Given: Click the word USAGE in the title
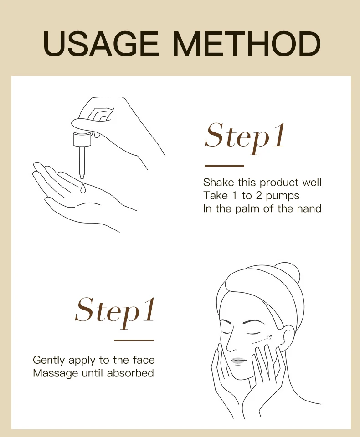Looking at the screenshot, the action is [101, 44].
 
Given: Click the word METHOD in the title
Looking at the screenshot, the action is [247, 44].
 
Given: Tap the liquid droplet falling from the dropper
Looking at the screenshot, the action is [83, 188].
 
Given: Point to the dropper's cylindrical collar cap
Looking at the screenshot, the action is [82, 140].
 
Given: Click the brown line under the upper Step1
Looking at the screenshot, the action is [224, 166].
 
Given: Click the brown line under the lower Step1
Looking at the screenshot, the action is [134, 340].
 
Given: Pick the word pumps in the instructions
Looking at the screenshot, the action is [283, 196].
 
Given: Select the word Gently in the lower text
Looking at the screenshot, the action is [49, 361].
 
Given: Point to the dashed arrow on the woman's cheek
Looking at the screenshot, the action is [262, 338].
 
